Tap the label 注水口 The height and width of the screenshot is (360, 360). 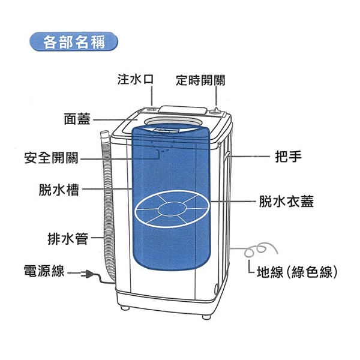(136, 79)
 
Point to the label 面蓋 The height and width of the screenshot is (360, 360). (77, 118)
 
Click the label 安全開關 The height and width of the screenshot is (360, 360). (51, 158)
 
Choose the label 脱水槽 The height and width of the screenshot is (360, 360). (58, 190)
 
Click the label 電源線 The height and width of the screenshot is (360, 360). (43, 271)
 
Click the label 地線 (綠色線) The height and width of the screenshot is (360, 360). (295, 271)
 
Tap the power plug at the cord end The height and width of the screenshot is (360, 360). (88, 275)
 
